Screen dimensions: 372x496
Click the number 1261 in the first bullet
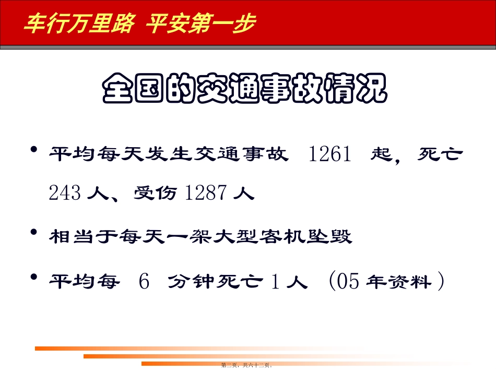(x=329, y=155)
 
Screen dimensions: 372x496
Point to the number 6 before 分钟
(x=144, y=282)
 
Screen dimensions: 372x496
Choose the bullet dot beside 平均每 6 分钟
(x=34, y=277)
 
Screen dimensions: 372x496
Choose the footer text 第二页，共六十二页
(x=247, y=365)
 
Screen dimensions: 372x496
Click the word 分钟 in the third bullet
(x=190, y=282)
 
